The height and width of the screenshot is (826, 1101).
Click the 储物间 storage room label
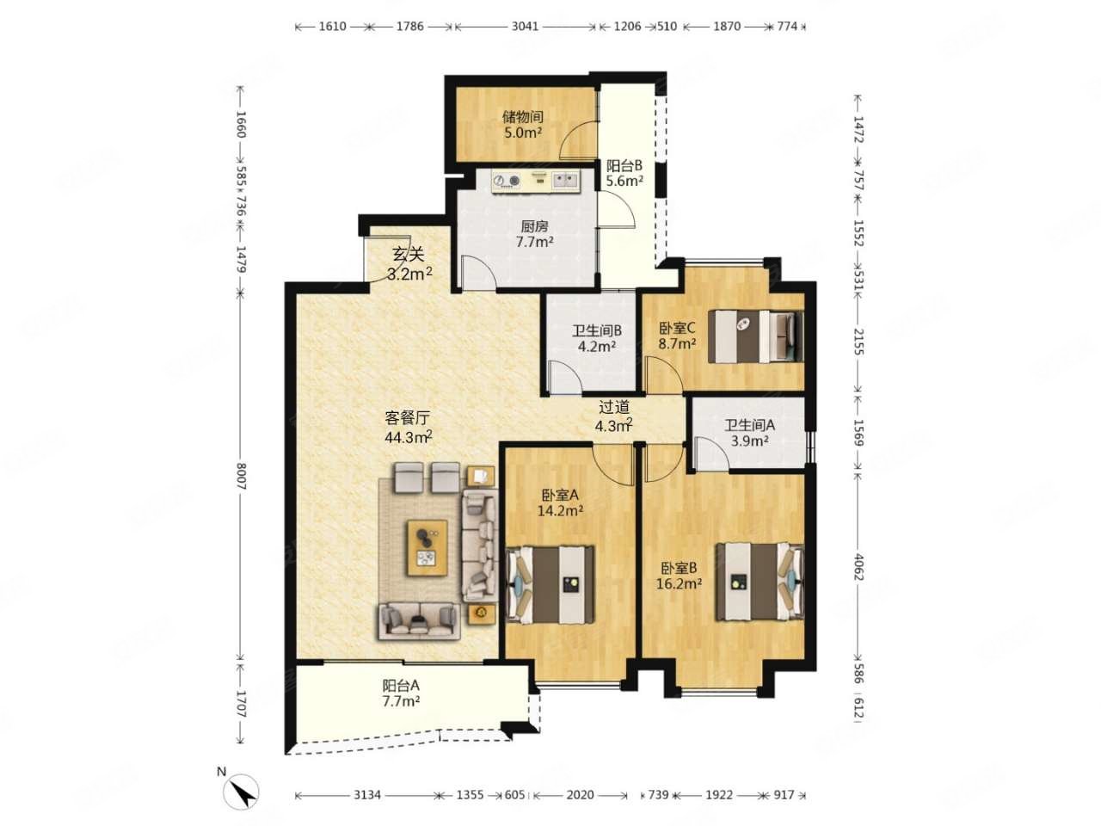click(x=523, y=117)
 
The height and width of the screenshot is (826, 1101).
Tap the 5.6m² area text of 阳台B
click(x=624, y=181)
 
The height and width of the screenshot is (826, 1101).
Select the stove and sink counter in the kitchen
click(x=535, y=182)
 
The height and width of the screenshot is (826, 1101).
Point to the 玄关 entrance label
click(x=408, y=255)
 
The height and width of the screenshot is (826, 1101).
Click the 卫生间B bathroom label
click(x=597, y=330)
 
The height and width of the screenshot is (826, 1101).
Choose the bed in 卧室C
click(x=755, y=336)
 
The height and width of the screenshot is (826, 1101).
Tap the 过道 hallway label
click(x=614, y=407)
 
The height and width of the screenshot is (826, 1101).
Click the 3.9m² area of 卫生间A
click(x=750, y=441)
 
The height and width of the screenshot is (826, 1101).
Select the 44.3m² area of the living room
click(x=409, y=437)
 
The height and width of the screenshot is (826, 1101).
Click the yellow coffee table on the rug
click(x=427, y=548)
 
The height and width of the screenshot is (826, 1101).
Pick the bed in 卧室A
click(x=550, y=585)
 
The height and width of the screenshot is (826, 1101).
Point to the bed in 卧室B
click(x=760, y=581)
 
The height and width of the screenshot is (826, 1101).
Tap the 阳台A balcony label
click(x=401, y=685)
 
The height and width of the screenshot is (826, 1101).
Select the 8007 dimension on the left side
click(x=241, y=477)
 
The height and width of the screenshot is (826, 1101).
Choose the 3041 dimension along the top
click(x=525, y=26)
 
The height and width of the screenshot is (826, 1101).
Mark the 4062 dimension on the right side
click(x=858, y=567)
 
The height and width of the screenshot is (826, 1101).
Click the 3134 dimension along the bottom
click(x=367, y=795)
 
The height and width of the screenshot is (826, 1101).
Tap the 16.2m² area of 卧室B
click(x=679, y=583)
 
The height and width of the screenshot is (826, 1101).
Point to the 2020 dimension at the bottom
click(x=580, y=795)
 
